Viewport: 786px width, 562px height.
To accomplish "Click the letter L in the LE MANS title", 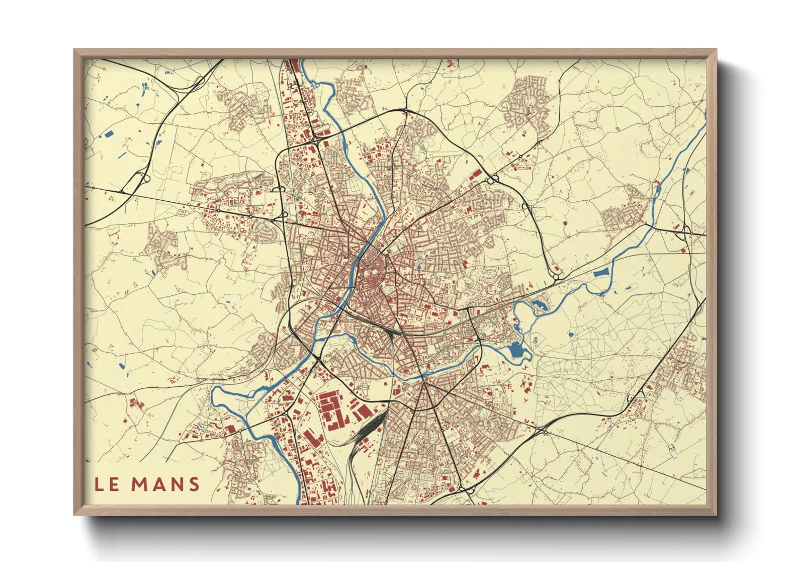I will pyautogui.click(x=99, y=484).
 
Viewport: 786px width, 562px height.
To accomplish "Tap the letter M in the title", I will pyautogui.click(x=141, y=484).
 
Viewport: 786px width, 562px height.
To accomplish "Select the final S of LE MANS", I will pyautogui.click(x=194, y=484).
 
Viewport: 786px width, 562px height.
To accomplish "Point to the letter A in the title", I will pyautogui.click(x=160, y=484).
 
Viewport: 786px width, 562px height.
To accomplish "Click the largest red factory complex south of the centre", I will pyautogui.click(x=332, y=409).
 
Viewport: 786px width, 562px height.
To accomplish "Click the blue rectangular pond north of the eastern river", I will pyautogui.click(x=601, y=274).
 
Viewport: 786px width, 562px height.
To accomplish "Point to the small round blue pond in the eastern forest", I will pyautogui.click(x=571, y=335).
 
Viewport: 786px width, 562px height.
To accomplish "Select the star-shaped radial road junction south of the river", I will pyautogui.click(x=423, y=384).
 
